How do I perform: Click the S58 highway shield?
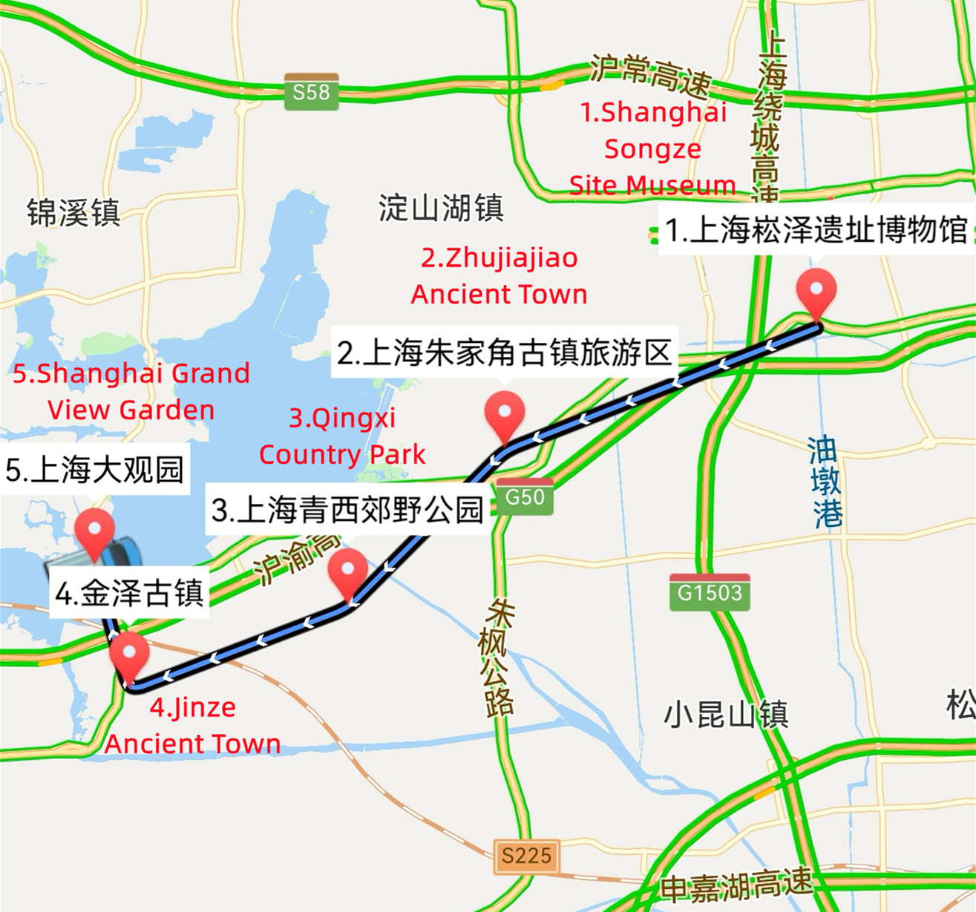click(311, 92)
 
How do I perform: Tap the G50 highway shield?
click(525, 496)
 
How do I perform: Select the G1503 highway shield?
click(710, 592)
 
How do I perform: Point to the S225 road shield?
click(526, 856)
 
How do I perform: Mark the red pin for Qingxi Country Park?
click(348, 572)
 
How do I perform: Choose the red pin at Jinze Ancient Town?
click(129, 655)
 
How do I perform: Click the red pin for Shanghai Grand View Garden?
click(95, 531)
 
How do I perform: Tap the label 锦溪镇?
click(73, 213)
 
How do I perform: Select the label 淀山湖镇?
click(441, 208)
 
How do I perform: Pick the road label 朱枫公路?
click(496, 657)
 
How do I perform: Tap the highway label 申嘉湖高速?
click(736, 885)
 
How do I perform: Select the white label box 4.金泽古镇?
click(130, 594)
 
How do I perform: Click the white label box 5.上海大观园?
click(94, 470)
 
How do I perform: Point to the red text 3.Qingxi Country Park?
click(342, 436)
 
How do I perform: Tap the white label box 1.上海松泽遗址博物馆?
click(816, 231)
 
